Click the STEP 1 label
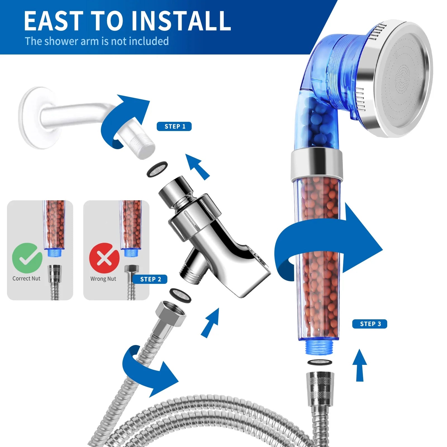[x=174, y=126]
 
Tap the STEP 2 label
[x=150, y=279]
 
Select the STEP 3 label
[x=370, y=324]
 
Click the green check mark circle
[x=27, y=258]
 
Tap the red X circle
[x=104, y=258]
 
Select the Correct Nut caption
[x=26, y=279]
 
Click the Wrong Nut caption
[x=103, y=279]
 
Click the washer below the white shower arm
[x=157, y=169]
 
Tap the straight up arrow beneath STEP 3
[x=360, y=365]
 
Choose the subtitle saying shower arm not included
[x=97, y=41]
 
